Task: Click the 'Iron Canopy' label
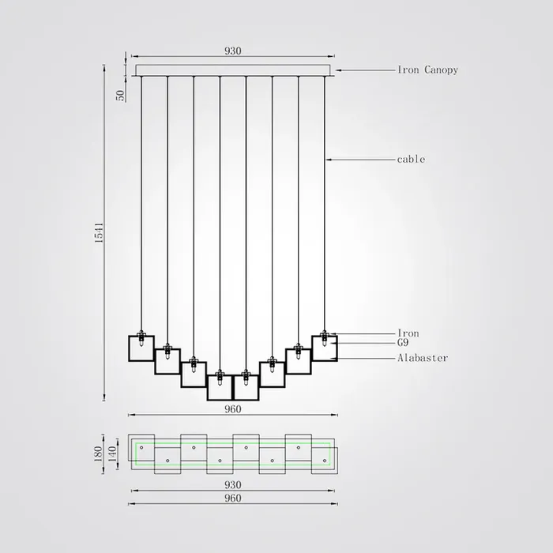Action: (428, 70)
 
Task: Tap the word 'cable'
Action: (411, 160)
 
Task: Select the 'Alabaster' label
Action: (423, 358)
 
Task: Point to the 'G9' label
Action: (403, 342)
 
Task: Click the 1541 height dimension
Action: (100, 232)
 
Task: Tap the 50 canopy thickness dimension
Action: (121, 96)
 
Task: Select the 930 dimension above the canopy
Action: (233, 51)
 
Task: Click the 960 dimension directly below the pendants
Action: (233, 409)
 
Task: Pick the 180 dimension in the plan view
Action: (99, 454)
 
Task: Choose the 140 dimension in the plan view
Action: (112, 454)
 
